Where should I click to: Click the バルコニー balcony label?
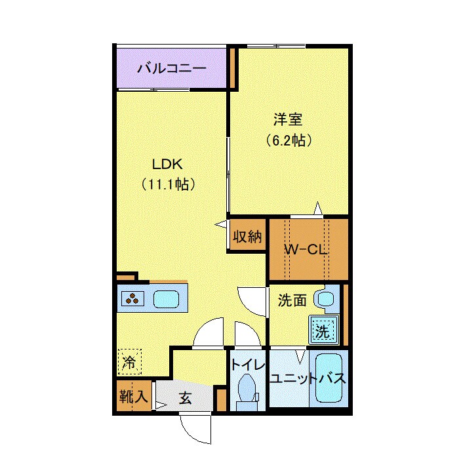point(171,68)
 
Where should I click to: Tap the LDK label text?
point(168,163)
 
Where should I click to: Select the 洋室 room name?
point(287,119)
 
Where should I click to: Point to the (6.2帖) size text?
point(288,140)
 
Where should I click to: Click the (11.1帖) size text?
point(168,184)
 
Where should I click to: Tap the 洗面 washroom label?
point(292,300)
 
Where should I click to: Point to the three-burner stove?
point(134,299)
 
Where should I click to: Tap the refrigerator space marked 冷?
point(130,361)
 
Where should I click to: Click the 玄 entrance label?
point(186,397)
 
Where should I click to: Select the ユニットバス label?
point(307,379)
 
